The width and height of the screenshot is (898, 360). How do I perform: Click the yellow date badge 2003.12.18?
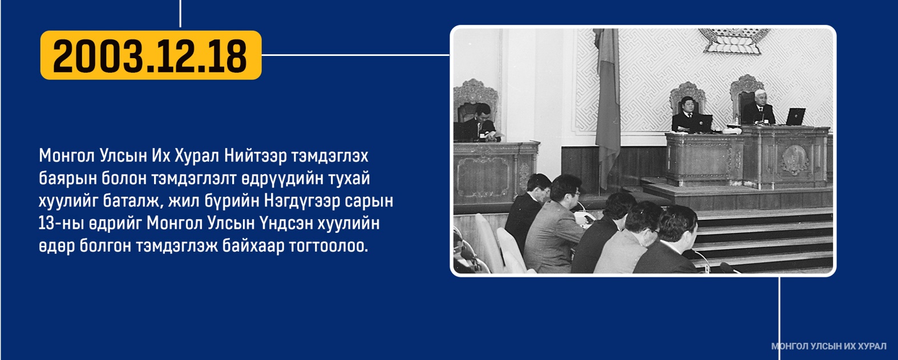(151, 55)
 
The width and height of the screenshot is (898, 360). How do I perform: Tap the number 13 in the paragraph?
(46, 223)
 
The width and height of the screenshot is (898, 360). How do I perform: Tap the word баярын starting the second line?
(67, 179)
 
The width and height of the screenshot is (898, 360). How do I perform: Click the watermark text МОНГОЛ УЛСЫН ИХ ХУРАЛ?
(828, 346)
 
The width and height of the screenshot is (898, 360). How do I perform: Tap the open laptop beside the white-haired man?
(795, 116)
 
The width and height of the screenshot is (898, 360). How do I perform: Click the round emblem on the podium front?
(795, 159)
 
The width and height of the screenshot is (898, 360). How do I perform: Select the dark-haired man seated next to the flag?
(687, 115)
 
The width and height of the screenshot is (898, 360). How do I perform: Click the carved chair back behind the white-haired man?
(745, 91)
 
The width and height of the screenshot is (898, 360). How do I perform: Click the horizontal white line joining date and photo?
(355, 55)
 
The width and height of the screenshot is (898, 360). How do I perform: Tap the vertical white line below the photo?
(779, 318)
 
